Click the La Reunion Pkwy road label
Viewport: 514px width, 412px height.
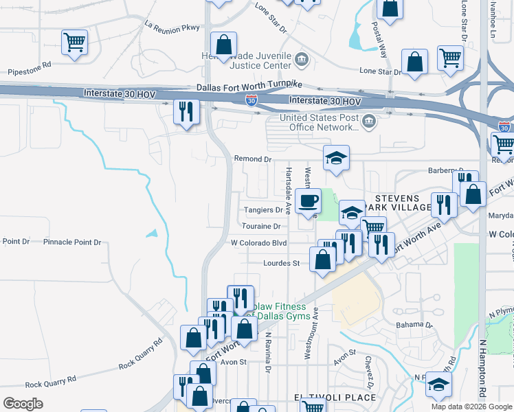coord(172,26)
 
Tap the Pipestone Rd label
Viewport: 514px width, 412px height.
coord(30,71)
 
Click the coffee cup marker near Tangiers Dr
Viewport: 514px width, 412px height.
coord(308,201)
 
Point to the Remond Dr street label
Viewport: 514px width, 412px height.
coord(253,159)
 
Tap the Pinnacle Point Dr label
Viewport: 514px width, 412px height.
coord(72,242)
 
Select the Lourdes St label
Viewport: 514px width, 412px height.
coord(282,263)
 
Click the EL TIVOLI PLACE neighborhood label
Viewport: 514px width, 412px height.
coord(335,398)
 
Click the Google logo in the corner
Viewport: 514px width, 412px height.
coord(23,403)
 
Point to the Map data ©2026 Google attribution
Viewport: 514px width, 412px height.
coord(471,407)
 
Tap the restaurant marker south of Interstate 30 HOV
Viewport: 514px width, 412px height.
coord(186,111)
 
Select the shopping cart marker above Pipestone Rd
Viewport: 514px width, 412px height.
coord(74,42)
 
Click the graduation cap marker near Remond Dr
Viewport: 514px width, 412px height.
coord(336,159)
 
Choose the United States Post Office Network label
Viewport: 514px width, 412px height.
coord(319,122)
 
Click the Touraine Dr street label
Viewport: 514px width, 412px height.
coord(262,226)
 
